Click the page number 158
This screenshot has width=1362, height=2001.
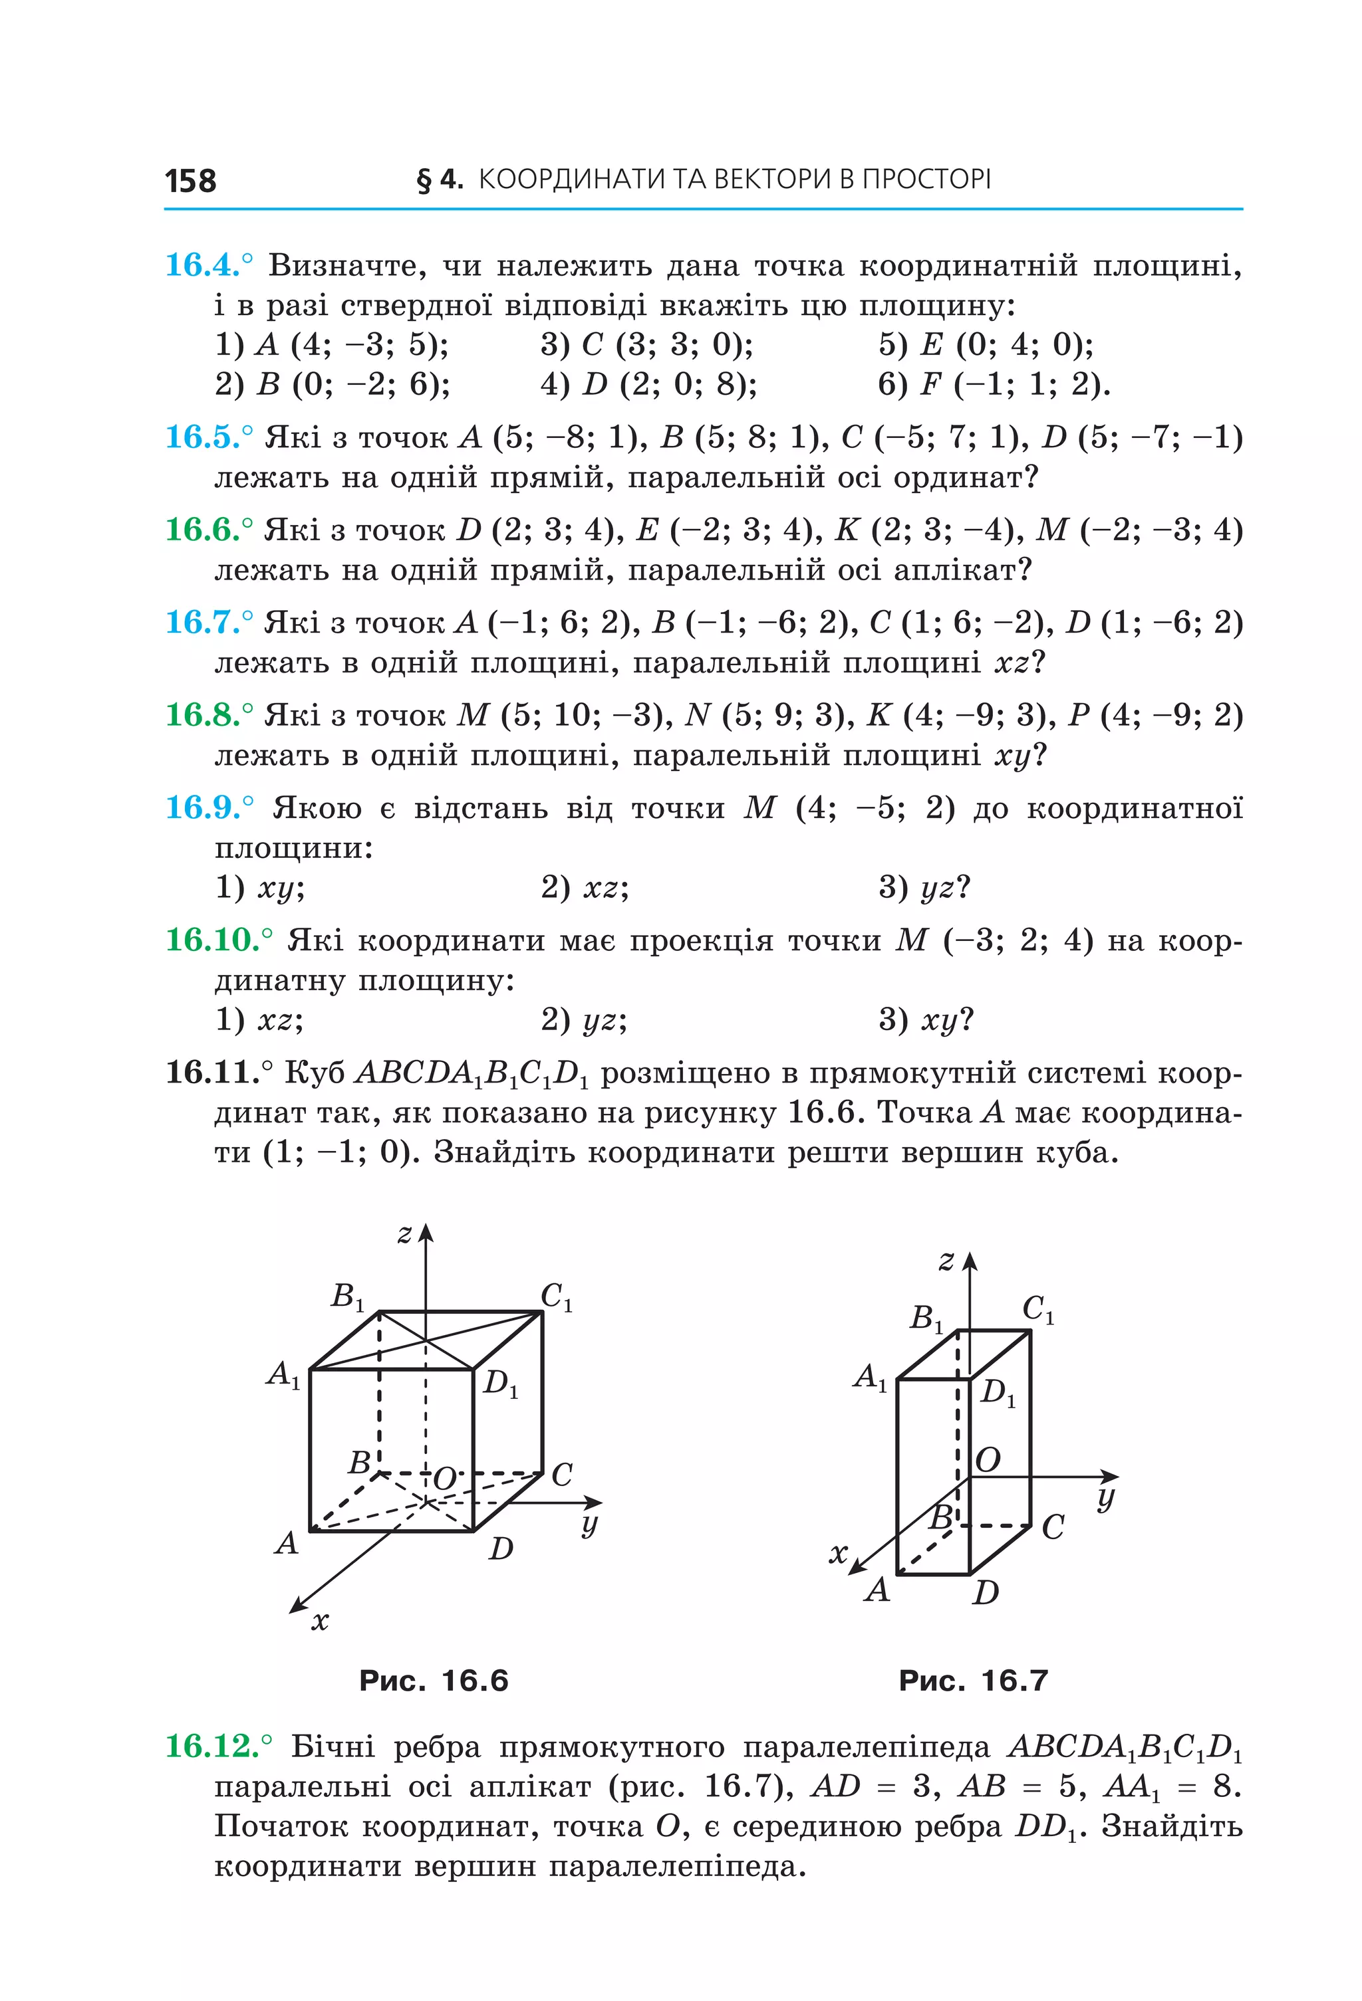click(190, 181)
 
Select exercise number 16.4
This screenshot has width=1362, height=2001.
click(204, 264)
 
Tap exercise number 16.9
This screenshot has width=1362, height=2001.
click(204, 807)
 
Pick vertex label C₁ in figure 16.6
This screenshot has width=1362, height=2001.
click(556, 1297)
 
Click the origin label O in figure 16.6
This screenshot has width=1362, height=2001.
click(444, 1479)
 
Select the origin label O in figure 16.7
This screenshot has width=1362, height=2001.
click(988, 1459)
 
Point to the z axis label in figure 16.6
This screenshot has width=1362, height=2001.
click(405, 1234)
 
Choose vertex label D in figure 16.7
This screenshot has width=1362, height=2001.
click(986, 1592)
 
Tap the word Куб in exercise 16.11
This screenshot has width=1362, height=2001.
click(315, 1073)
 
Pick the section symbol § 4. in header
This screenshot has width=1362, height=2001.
click(440, 179)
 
